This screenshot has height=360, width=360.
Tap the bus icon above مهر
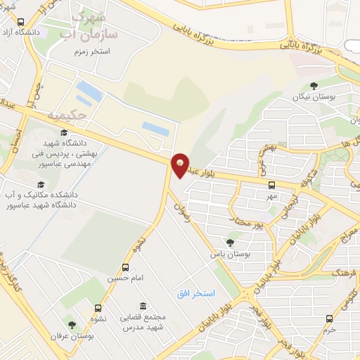tap(271, 185)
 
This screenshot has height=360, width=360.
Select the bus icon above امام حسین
tap(125, 267)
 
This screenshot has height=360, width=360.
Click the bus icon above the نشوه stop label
tap(98, 308)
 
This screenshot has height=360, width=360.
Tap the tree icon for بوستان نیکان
tap(314, 86)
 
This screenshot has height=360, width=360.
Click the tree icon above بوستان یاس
tap(230, 243)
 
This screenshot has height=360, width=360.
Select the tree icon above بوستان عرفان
tap(71, 325)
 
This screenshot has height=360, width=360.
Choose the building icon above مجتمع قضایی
tap(143, 306)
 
